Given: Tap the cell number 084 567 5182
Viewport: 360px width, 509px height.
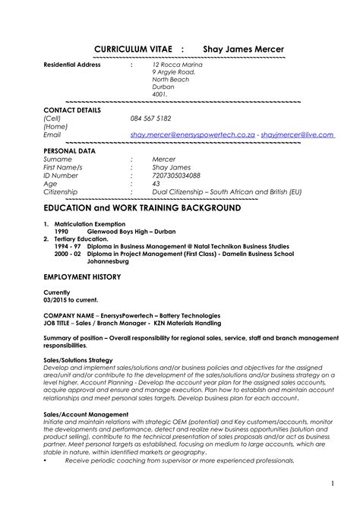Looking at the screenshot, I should pyautogui.click(x=150, y=119).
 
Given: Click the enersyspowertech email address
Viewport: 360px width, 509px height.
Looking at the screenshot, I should pyautogui.click(x=191, y=134).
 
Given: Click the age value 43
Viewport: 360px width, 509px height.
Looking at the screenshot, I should pyautogui.click(x=156, y=184).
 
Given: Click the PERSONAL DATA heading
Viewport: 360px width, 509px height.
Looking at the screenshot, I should pyautogui.click(x=70, y=151).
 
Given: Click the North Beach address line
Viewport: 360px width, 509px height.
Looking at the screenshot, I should pyautogui.click(x=171, y=79).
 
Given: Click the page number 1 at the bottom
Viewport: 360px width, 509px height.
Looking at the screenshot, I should pyautogui.click(x=333, y=483).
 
